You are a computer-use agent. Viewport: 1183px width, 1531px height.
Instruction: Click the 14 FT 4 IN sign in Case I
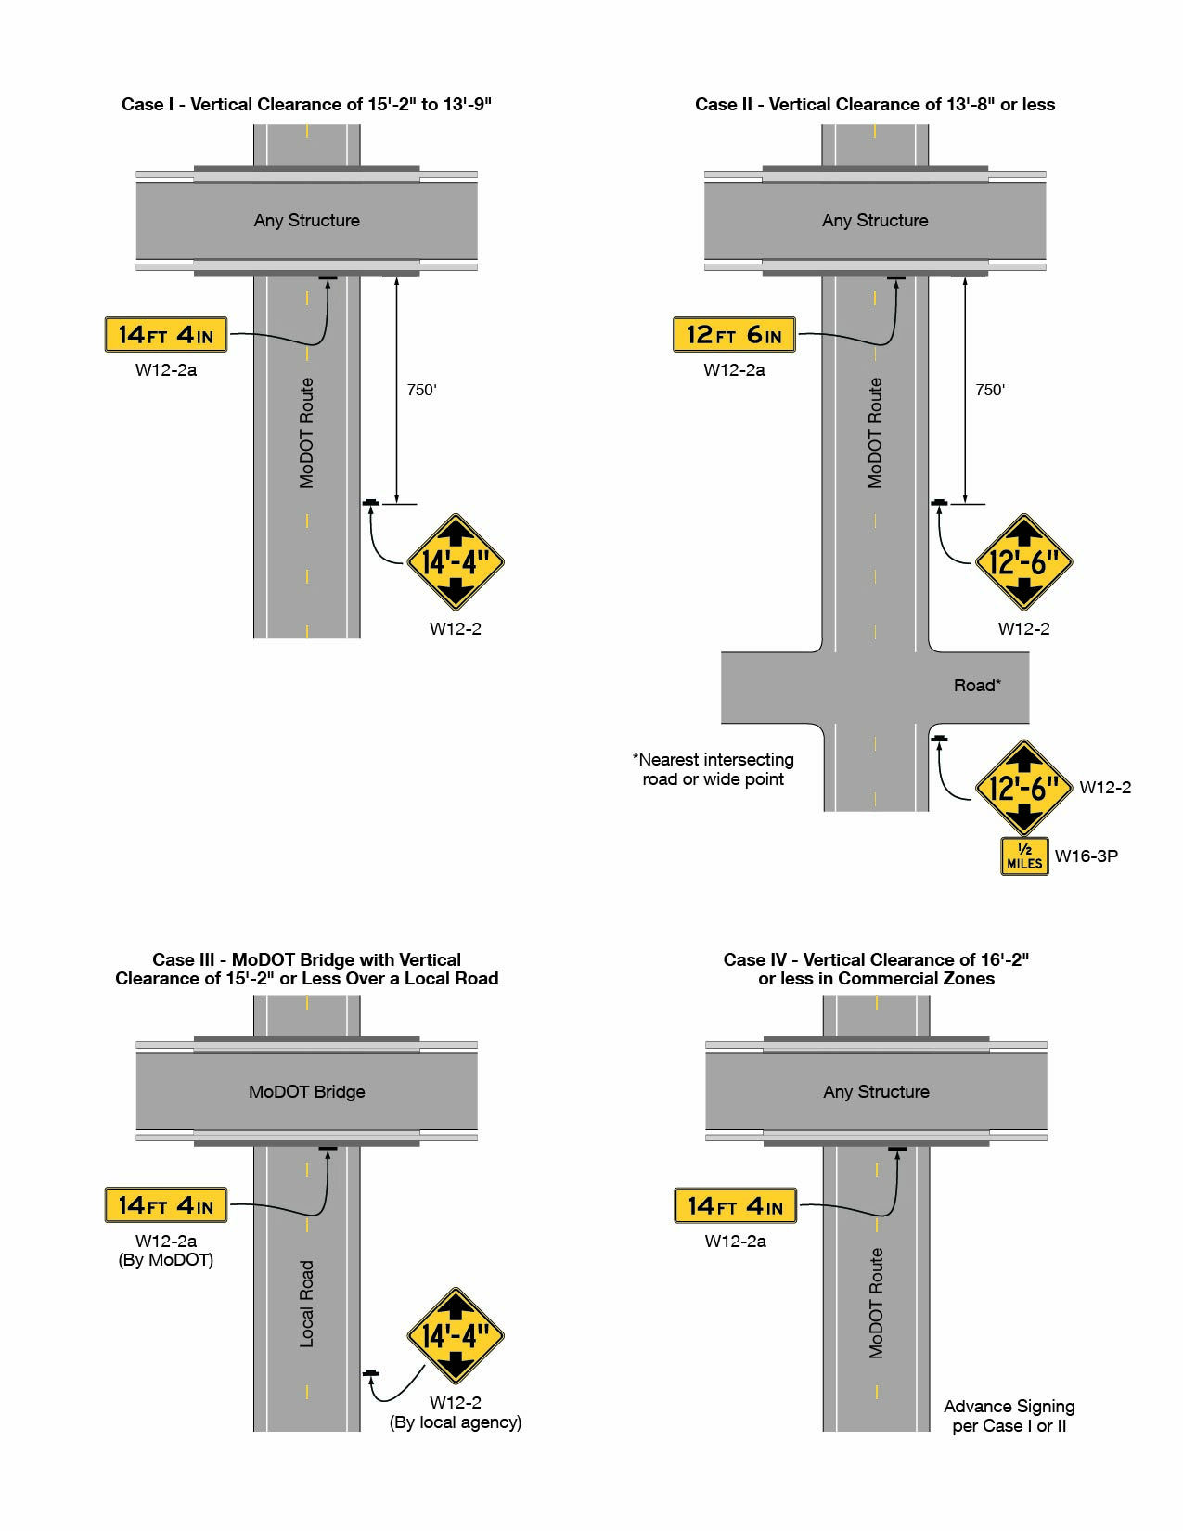(x=166, y=335)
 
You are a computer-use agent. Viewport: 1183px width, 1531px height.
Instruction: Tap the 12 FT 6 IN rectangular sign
(x=734, y=335)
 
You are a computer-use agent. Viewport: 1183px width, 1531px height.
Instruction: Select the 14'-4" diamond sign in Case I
(x=456, y=562)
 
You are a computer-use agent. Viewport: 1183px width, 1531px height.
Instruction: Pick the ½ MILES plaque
(x=1024, y=856)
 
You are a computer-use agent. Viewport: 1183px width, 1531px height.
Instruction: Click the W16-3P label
(x=1086, y=856)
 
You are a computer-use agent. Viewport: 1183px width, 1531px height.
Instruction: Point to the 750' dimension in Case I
(x=421, y=390)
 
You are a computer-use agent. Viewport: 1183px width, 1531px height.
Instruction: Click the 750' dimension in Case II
(x=990, y=390)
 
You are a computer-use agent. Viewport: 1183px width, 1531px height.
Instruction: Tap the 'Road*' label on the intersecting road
(x=977, y=686)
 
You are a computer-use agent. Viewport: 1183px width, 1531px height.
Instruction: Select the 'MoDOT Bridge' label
(x=307, y=1092)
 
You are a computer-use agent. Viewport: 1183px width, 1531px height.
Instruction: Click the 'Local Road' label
(x=307, y=1304)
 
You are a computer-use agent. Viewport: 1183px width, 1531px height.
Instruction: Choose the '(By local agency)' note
(x=456, y=1422)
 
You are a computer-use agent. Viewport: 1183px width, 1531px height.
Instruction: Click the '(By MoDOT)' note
(x=166, y=1260)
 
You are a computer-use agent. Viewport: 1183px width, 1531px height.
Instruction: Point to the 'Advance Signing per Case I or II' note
(x=1009, y=1416)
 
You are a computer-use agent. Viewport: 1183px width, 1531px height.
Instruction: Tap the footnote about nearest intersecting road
(x=714, y=769)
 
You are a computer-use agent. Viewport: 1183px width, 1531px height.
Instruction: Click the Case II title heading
(x=875, y=105)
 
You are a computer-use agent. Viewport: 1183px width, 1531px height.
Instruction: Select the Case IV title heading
(x=876, y=969)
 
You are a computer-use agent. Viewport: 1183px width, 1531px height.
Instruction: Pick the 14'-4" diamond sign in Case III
(x=456, y=1336)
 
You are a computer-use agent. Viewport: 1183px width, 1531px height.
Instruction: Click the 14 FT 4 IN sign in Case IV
(x=736, y=1206)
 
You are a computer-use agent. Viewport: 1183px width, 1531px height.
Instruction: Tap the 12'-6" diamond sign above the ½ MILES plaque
(x=1023, y=789)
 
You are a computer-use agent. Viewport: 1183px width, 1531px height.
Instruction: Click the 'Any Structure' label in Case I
(x=307, y=221)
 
